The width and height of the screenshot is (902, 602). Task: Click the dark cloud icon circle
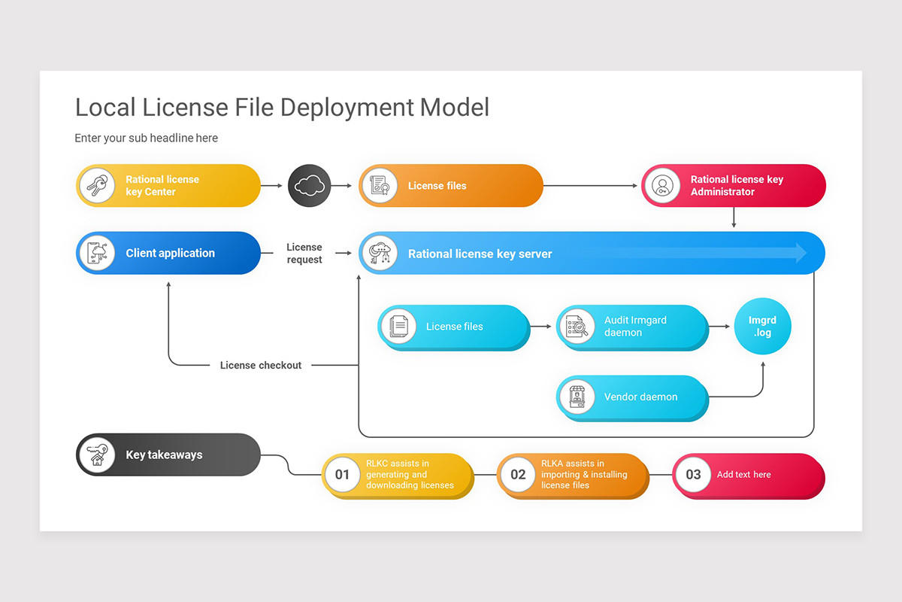coord(309,186)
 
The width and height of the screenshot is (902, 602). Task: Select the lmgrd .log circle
coord(762,327)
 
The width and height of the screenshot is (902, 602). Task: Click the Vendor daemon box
coord(632,397)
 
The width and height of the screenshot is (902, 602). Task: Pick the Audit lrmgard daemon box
coord(632,327)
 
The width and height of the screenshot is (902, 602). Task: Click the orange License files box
coord(451,186)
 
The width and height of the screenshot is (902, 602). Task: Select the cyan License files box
coord(454,327)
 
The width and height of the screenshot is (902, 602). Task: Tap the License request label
coord(304,254)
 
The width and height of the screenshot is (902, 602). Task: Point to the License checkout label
coord(260,365)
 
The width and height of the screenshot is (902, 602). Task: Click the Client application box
coord(169,254)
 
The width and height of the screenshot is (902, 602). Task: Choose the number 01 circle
coord(343,475)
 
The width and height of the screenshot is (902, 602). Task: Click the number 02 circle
coord(518,475)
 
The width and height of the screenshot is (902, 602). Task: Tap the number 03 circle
coord(693,475)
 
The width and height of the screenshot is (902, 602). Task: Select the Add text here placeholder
coord(743,475)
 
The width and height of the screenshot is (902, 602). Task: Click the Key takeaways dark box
coord(169,455)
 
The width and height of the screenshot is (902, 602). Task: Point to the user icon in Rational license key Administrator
coord(662,186)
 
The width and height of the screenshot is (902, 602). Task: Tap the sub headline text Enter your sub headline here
coord(146,138)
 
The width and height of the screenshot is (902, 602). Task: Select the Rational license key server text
coord(480,254)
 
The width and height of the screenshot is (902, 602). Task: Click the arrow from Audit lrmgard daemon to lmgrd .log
coord(720,327)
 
